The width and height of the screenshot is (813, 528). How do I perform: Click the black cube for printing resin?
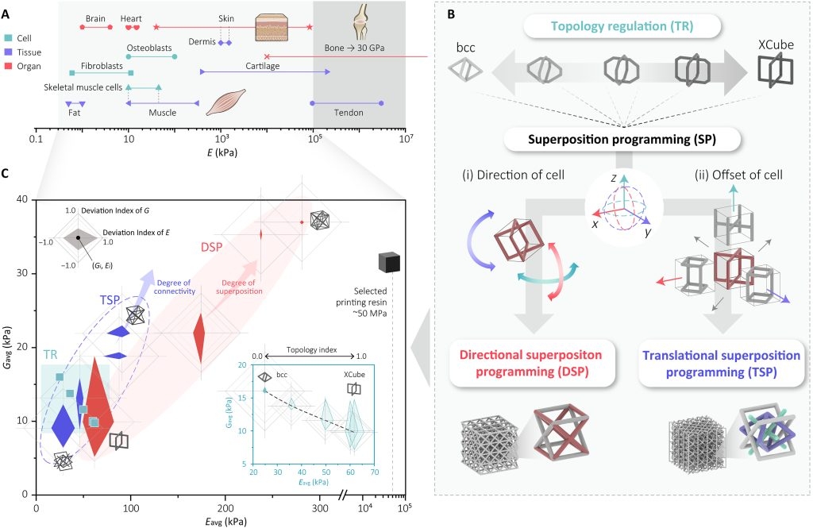pos(389,261)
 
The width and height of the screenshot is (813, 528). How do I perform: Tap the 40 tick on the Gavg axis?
pos(25,199)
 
